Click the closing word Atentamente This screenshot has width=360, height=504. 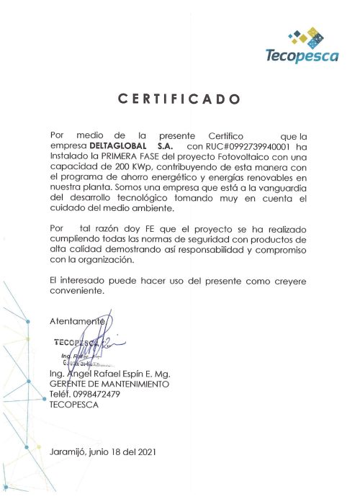coord(78,320)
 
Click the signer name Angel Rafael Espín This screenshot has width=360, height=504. coord(122,375)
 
